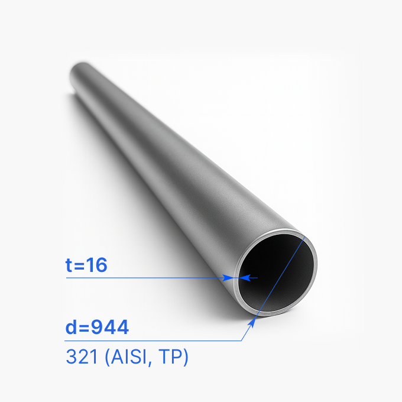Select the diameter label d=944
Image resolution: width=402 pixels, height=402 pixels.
coord(97,326)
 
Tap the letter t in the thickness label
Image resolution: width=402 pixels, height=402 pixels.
coord(69,266)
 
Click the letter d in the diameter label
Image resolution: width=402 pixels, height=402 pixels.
coord(71,326)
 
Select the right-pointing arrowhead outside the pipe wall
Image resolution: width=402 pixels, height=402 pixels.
coord(229,277)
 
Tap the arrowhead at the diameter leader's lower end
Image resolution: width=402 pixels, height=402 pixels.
coord(254,321)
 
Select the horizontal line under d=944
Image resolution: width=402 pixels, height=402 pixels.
coord(154,341)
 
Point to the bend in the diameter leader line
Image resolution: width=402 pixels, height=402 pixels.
coord(243,341)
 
